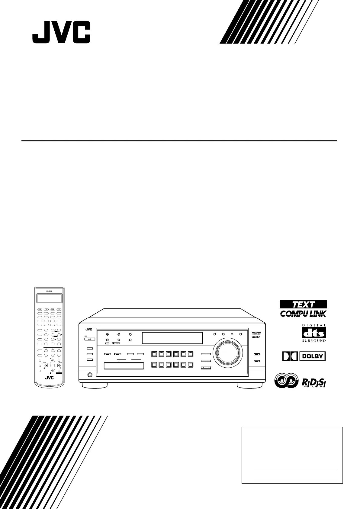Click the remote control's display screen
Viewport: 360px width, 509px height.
point(50,298)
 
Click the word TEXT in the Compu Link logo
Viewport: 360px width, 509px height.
point(303,304)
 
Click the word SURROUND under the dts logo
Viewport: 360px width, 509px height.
point(314,340)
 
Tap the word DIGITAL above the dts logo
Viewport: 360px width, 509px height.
point(314,325)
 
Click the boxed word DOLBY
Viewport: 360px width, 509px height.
point(313,356)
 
